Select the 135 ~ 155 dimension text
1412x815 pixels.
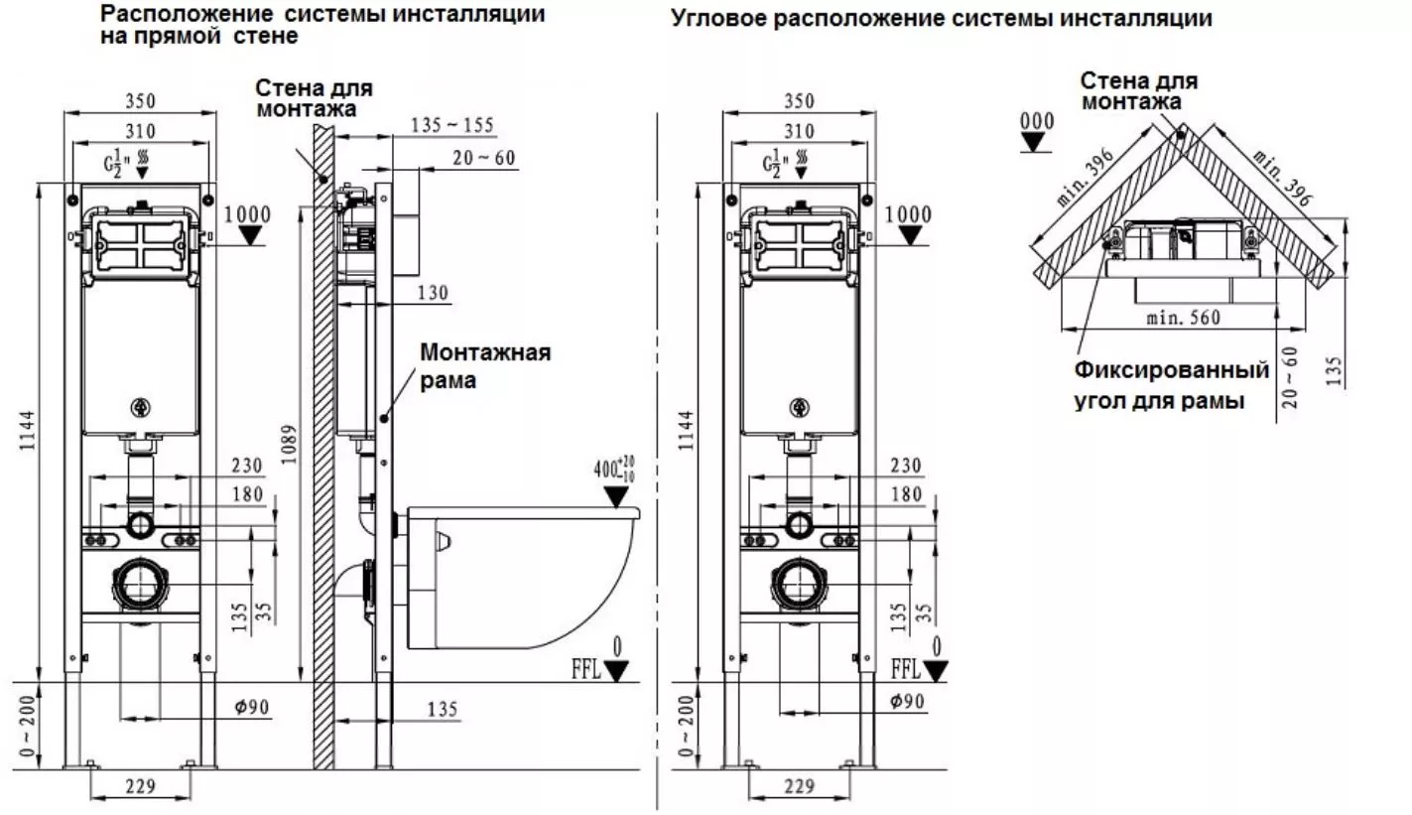tap(452, 125)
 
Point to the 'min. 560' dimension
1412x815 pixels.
tap(1182, 318)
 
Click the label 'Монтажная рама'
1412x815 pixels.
tap(484, 365)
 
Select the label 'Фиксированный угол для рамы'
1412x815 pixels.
tap(1172, 386)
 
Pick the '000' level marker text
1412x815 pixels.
tap(1037, 121)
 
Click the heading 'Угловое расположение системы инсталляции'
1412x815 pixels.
tap(941, 18)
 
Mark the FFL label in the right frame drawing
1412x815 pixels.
tap(904, 667)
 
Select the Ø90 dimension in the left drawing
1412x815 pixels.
tap(252, 707)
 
